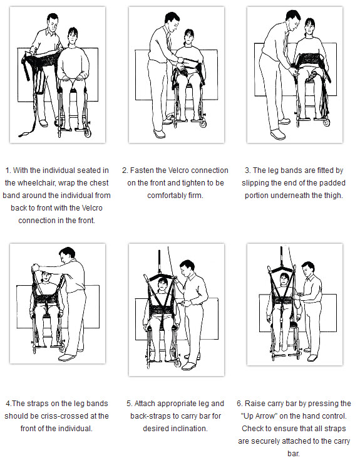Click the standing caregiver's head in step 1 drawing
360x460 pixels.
point(53,26)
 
